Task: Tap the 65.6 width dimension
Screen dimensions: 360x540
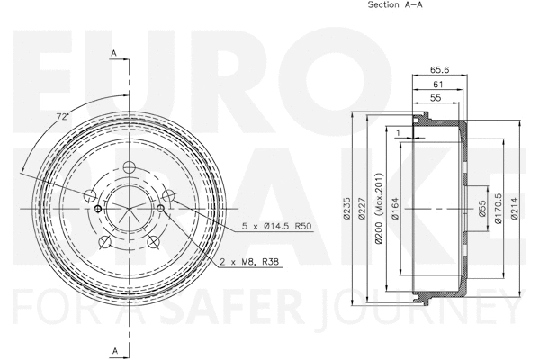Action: click(439, 67)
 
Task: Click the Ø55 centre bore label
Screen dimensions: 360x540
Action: click(483, 210)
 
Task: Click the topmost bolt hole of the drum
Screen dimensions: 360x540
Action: click(128, 166)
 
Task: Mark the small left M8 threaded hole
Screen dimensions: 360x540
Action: click(96, 209)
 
